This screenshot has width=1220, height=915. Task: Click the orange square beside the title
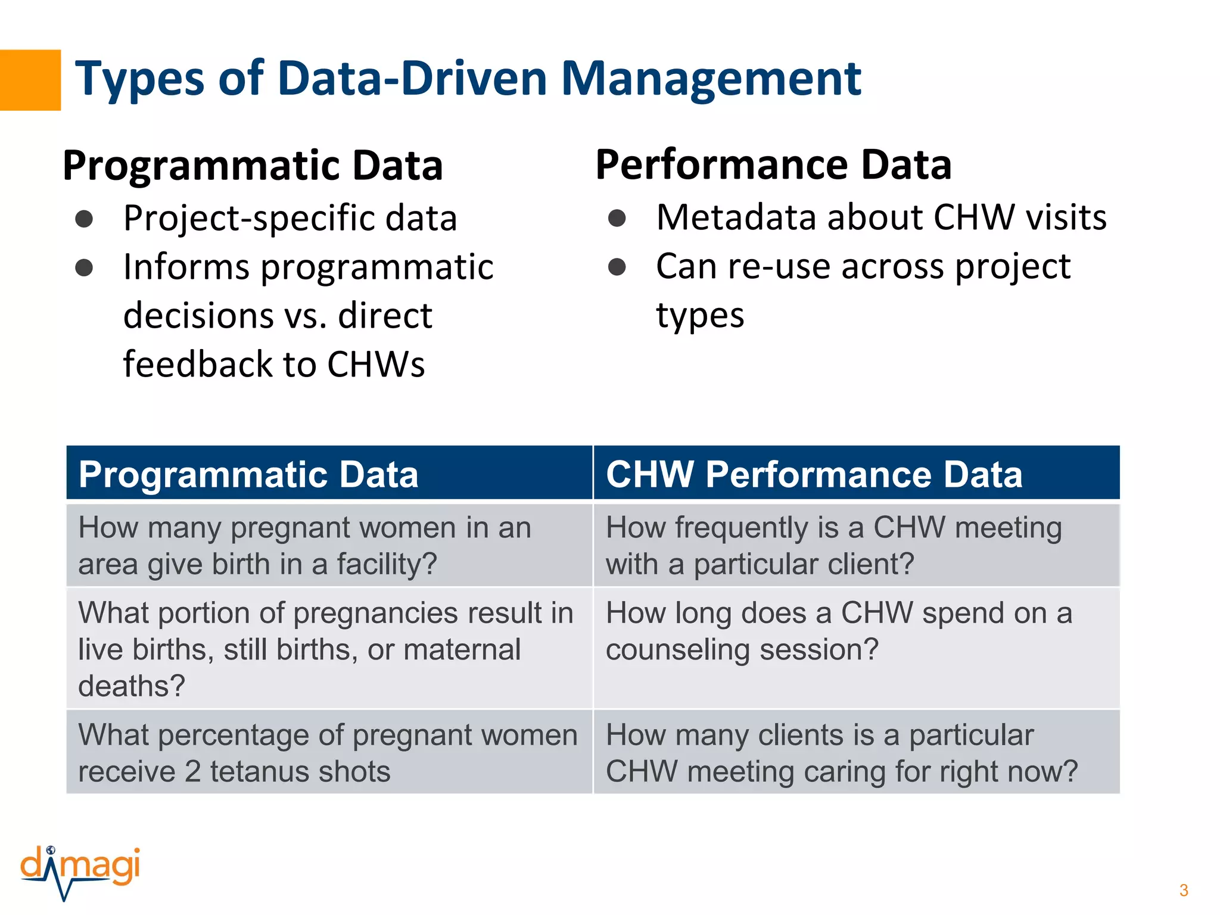pyautogui.click(x=30, y=80)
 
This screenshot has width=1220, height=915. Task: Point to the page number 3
pyautogui.click(x=1183, y=891)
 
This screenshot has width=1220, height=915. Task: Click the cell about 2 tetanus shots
pyautogui.click(x=329, y=752)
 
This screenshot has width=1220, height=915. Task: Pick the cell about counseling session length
pyautogui.click(x=856, y=648)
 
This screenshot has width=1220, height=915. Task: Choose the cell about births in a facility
pyautogui.click(x=329, y=545)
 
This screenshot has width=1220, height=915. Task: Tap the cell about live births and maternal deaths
pyautogui.click(x=329, y=648)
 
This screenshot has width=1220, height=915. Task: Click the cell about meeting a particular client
pyautogui.click(x=856, y=545)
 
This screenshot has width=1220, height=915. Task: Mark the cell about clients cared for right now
pyautogui.click(x=856, y=752)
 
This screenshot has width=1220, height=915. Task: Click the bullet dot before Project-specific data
pyautogui.click(x=84, y=219)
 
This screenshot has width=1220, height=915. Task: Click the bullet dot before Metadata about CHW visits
pyautogui.click(x=617, y=218)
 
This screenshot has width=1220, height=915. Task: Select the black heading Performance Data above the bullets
pyautogui.click(x=773, y=164)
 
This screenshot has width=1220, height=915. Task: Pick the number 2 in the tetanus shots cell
pyautogui.click(x=192, y=771)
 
